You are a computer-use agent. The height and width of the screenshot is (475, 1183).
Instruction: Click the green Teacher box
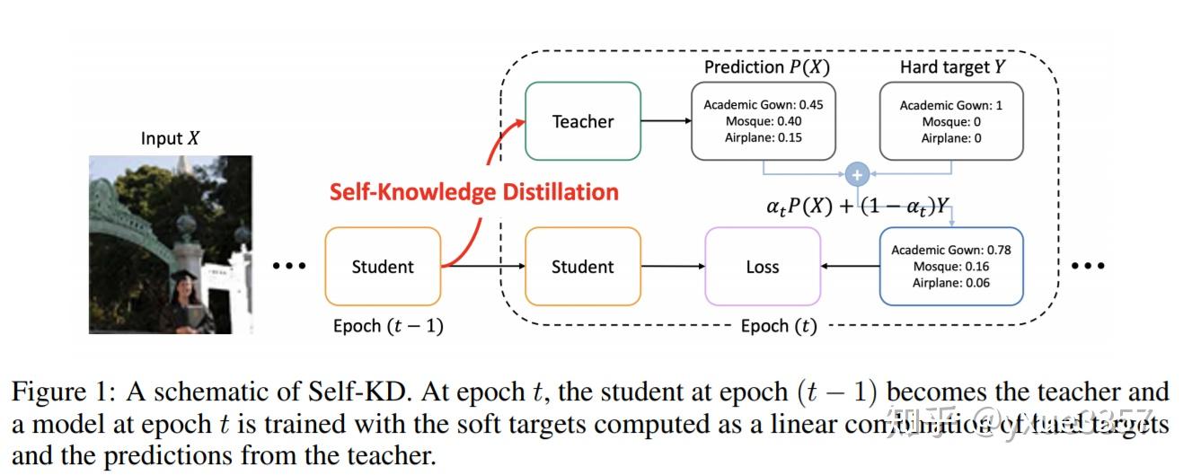click(x=582, y=121)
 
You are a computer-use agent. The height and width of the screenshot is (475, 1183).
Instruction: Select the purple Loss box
click(x=762, y=267)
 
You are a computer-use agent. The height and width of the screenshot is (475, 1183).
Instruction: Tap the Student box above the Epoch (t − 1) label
click(x=383, y=267)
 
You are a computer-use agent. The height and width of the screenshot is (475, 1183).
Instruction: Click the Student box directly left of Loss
click(x=582, y=267)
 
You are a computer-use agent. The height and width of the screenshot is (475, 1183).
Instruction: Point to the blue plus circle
click(x=857, y=174)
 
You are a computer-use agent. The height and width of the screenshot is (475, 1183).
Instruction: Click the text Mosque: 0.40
click(x=764, y=121)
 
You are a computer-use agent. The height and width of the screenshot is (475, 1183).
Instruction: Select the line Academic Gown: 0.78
click(x=951, y=250)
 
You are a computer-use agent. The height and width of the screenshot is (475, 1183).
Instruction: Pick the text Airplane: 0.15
click(x=764, y=137)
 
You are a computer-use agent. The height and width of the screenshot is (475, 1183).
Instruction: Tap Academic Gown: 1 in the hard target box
click(x=951, y=105)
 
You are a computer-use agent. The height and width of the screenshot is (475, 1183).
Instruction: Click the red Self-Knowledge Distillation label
click(x=473, y=192)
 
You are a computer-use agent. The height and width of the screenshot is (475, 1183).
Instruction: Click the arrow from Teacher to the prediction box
click(x=665, y=121)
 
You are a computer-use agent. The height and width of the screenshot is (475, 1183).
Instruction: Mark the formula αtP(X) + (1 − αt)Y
click(x=857, y=207)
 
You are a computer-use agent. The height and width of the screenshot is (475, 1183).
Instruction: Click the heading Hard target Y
click(x=950, y=67)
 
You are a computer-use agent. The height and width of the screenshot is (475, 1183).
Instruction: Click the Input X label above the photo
click(x=170, y=138)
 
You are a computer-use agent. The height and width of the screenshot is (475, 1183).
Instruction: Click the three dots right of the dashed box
click(x=1088, y=266)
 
